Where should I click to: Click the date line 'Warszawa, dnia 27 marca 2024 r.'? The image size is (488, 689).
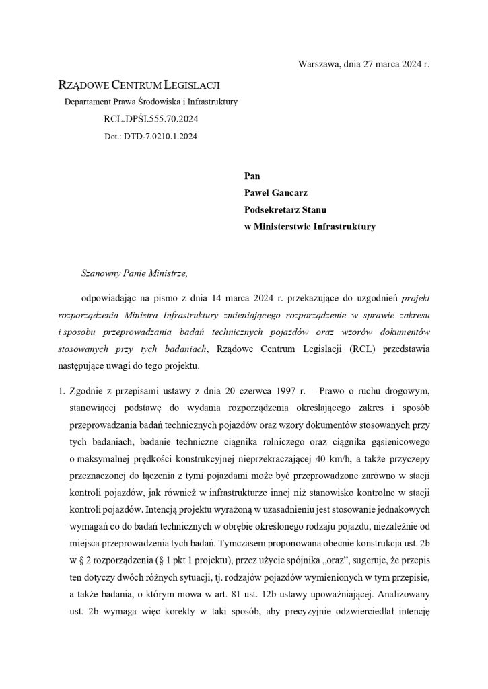(x=363, y=64)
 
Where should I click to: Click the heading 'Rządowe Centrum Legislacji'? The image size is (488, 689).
(x=139, y=85)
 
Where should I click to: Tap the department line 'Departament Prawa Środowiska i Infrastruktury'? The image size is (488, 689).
(x=151, y=102)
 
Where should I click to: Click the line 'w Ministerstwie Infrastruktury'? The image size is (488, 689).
(x=310, y=227)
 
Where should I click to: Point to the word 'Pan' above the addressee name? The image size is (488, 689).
(x=252, y=176)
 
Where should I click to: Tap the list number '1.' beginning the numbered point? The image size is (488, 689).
(x=61, y=390)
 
